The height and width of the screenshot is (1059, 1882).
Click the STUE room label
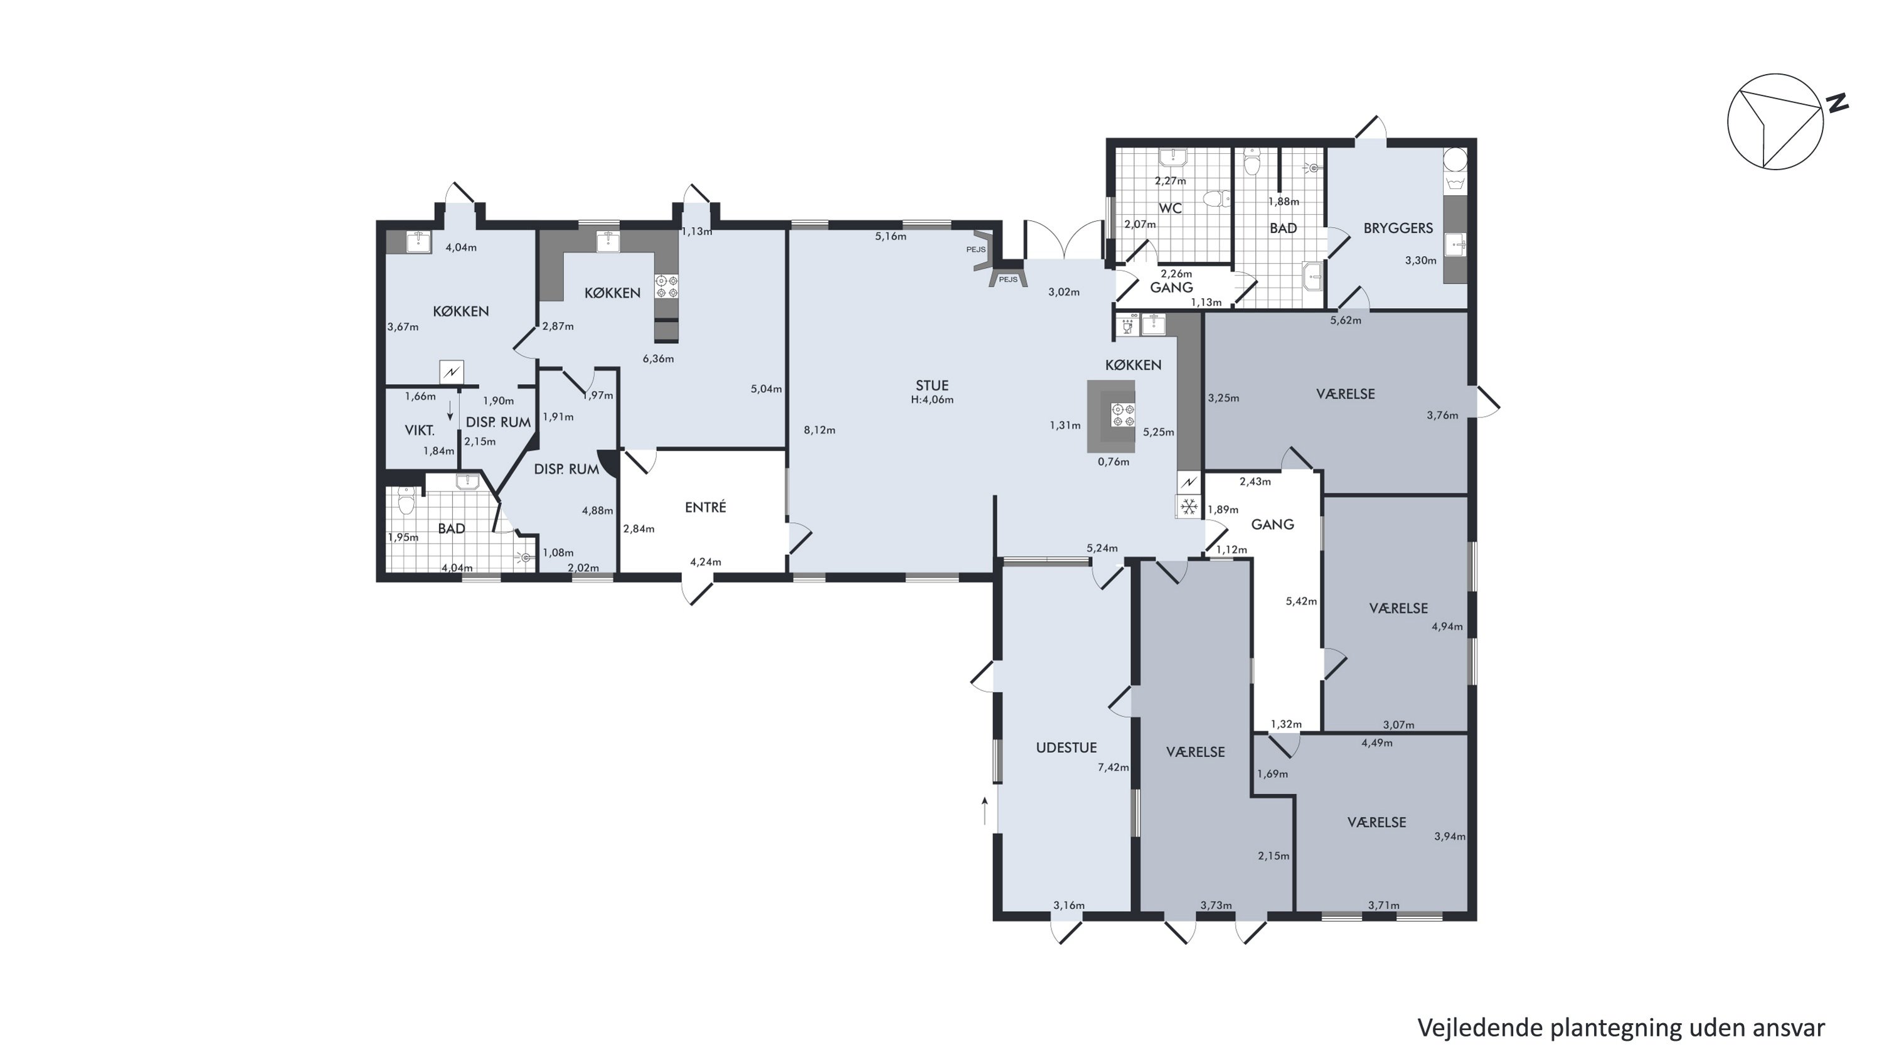[x=932, y=385]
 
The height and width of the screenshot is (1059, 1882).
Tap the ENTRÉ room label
[x=705, y=507]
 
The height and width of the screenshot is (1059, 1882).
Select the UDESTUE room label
[x=1066, y=748]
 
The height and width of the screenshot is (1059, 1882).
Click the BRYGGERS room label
[x=1398, y=228]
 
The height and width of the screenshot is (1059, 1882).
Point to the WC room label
[x=1171, y=208]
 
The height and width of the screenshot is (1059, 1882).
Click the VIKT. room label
[x=419, y=431]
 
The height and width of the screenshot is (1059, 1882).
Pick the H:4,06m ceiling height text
[x=932, y=400]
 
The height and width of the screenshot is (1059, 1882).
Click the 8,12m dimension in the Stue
[x=819, y=430]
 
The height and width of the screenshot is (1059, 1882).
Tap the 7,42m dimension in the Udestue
[x=1113, y=767]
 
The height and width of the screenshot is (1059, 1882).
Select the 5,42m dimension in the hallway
[x=1300, y=601]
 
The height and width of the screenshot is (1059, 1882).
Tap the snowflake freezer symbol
[x=1189, y=506]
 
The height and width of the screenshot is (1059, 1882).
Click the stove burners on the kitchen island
[x=1122, y=414]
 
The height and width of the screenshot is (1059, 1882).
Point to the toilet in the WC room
[x=1216, y=199]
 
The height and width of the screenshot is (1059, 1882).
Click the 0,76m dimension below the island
[x=1113, y=461]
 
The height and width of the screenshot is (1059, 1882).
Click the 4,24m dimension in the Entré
[x=705, y=562]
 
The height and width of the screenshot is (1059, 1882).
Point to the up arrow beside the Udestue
[x=985, y=810]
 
